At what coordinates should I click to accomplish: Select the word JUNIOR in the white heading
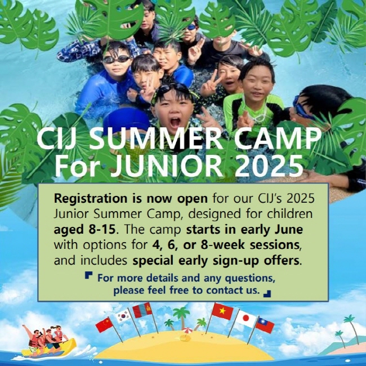[x=167, y=167]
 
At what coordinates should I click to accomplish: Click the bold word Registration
[x=91, y=199]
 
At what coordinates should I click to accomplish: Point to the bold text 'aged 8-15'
[x=84, y=230]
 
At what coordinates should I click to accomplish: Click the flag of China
[x=104, y=325]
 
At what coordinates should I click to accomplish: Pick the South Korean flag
[x=123, y=315]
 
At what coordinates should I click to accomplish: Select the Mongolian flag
[x=142, y=310]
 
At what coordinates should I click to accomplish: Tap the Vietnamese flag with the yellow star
[x=222, y=311]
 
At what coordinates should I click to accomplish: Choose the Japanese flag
[x=246, y=319]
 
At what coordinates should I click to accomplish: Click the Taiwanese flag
[x=265, y=325]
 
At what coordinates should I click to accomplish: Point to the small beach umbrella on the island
[x=187, y=331]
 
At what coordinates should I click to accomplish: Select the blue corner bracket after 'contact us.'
[x=267, y=294]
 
